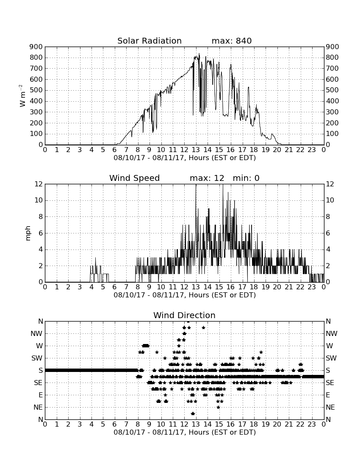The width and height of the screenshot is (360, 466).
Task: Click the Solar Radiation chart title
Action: [x=150, y=41]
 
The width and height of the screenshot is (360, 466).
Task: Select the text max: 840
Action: [x=232, y=41]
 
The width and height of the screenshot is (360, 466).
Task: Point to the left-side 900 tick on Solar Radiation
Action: [x=36, y=47]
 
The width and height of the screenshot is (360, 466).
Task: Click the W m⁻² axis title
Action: [x=22, y=96]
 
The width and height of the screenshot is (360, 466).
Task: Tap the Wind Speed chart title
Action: [x=135, y=178]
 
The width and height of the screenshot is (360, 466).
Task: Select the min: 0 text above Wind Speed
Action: [x=246, y=178]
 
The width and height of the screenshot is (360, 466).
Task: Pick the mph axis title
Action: [x=28, y=233]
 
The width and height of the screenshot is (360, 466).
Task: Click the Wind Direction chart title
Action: [x=185, y=315]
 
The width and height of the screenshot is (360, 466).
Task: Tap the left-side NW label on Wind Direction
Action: [x=36, y=334]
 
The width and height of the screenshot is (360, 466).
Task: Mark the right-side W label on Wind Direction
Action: [x=330, y=346]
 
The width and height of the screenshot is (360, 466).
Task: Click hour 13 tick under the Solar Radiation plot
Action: [x=196, y=150]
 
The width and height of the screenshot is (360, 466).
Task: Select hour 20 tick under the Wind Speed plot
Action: [x=277, y=287]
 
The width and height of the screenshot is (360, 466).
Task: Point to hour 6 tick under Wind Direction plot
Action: [x=115, y=424]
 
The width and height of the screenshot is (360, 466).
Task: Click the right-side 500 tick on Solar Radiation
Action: [x=332, y=90]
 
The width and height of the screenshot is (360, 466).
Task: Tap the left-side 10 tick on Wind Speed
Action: [x=39, y=200]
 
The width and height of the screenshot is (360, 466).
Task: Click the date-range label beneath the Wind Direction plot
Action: [x=185, y=432]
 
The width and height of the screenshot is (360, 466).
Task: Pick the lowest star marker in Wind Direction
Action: [x=193, y=413]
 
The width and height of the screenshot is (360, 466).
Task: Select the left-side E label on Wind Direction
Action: [x=41, y=395]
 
